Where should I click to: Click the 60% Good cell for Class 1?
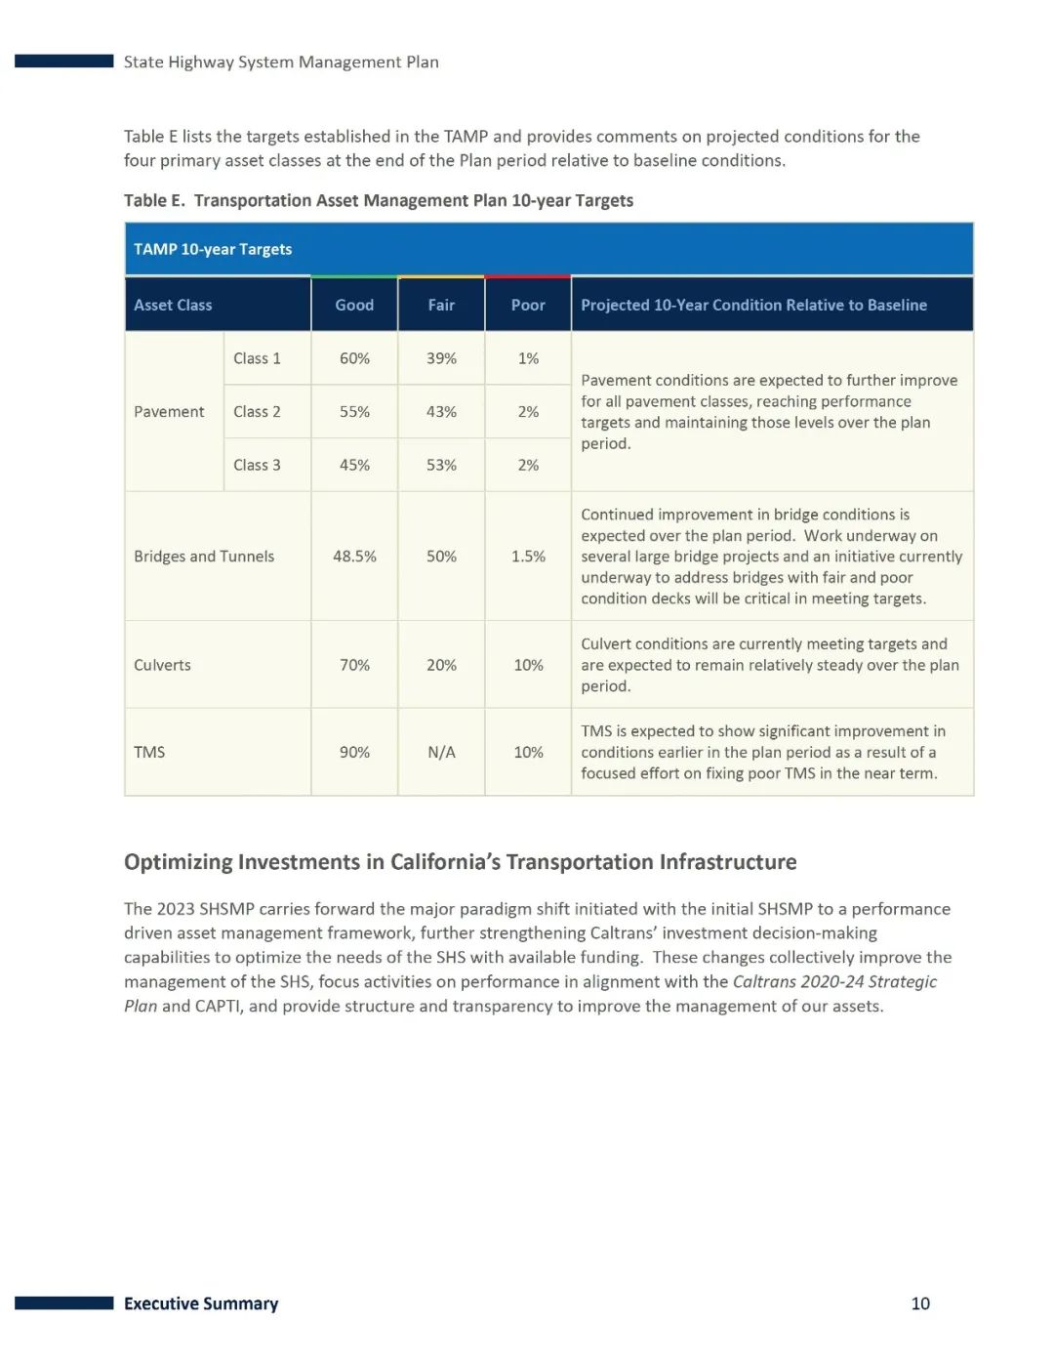point(354,358)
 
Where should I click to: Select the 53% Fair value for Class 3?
point(441,465)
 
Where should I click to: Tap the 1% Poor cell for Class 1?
point(528,358)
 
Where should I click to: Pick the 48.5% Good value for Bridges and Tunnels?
point(354,557)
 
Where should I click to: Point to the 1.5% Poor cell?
point(528,557)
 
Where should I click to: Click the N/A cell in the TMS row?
point(441,753)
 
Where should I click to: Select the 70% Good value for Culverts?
point(354,665)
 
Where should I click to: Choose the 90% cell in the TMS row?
point(354,753)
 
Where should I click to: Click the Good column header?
point(354,306)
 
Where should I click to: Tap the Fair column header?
point(441,306)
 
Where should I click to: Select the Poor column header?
point(528,306)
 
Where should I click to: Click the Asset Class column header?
point(173,306)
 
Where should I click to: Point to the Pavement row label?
point(169,412)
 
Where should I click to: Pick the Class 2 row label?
point(257,412)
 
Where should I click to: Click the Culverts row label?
point(162,665)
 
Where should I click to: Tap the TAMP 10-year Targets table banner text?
point(213,250)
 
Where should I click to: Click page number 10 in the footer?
point(920,1303)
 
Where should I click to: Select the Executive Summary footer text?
point(201,1303)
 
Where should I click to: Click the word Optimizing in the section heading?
point(178,862)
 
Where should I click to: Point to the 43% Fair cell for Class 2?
point(441,412)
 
